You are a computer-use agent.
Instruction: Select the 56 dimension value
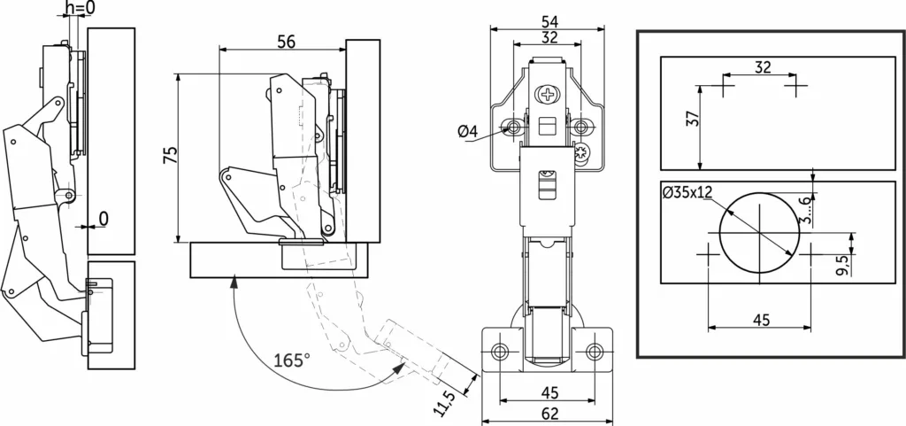tap(286, 42)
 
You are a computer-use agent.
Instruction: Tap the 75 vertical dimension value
tap(170, 155)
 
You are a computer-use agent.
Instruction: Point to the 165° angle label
tap(292, 360)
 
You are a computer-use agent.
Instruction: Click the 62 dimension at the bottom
tap(550, 413)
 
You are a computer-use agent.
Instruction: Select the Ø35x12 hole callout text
tap(687, 193)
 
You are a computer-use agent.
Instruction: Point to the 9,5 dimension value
tap(841, 266)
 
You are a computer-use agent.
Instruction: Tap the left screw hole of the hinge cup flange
tap(499, 352)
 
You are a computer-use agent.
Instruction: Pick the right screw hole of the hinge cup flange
tap(594, 352)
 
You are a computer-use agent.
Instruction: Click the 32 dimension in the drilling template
tap(763, 67)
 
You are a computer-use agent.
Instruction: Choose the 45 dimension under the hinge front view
tap(549, 393)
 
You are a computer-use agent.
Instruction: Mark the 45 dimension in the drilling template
tap(762, 320)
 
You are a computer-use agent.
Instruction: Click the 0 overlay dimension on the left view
tap(104, 218)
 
